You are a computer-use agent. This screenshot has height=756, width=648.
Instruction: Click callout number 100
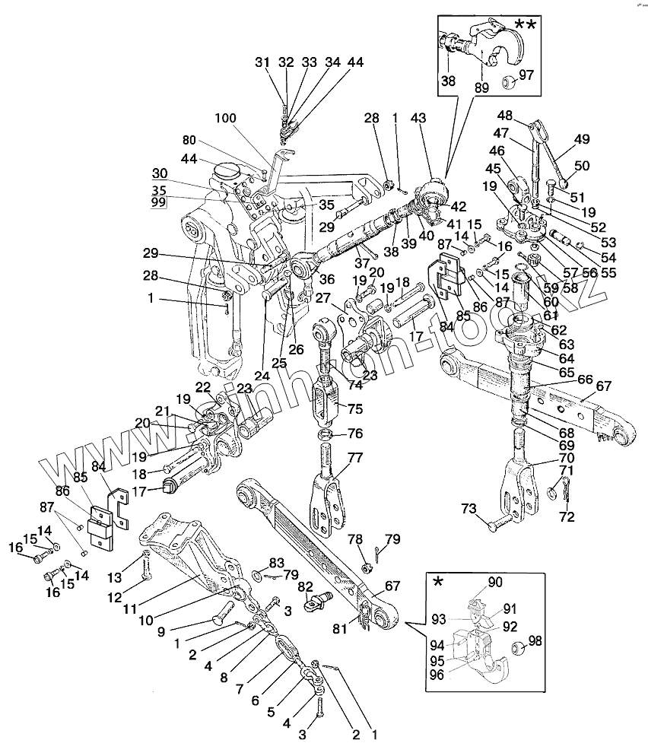225,118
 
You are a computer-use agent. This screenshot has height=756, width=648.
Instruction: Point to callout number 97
527,75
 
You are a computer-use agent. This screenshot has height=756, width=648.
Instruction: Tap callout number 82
304,586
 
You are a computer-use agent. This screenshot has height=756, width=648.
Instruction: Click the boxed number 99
158,203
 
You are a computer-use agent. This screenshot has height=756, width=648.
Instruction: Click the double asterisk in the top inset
524,25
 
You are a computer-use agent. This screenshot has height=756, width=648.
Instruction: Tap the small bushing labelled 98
519,649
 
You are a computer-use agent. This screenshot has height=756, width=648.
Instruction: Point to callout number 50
582,166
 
